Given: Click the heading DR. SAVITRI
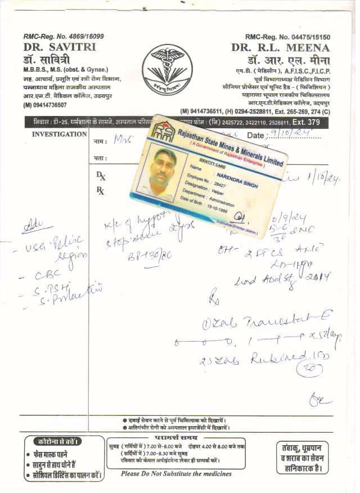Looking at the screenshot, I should pos(60,47).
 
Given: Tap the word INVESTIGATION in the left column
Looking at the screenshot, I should pos(59,135).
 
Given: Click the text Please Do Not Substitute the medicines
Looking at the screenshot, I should pos(176,473).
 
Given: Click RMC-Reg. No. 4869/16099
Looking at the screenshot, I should pos(64,36).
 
